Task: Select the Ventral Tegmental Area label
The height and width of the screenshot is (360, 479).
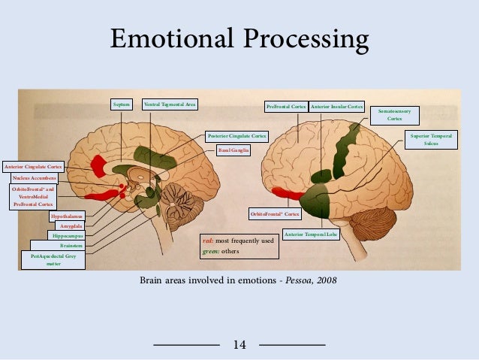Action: coord(170,105)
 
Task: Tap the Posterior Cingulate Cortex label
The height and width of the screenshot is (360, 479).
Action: coord(236,136)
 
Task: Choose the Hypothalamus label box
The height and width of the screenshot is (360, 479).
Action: coord(67,216)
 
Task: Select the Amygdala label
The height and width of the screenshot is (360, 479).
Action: coord(70,225)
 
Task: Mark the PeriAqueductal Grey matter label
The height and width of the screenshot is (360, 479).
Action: coord(53,260)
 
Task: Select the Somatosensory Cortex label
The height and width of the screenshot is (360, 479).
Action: coord(395,114)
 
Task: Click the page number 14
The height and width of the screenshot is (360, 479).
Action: coord(239,344)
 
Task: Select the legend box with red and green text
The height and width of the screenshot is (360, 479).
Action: coord(236,246)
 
